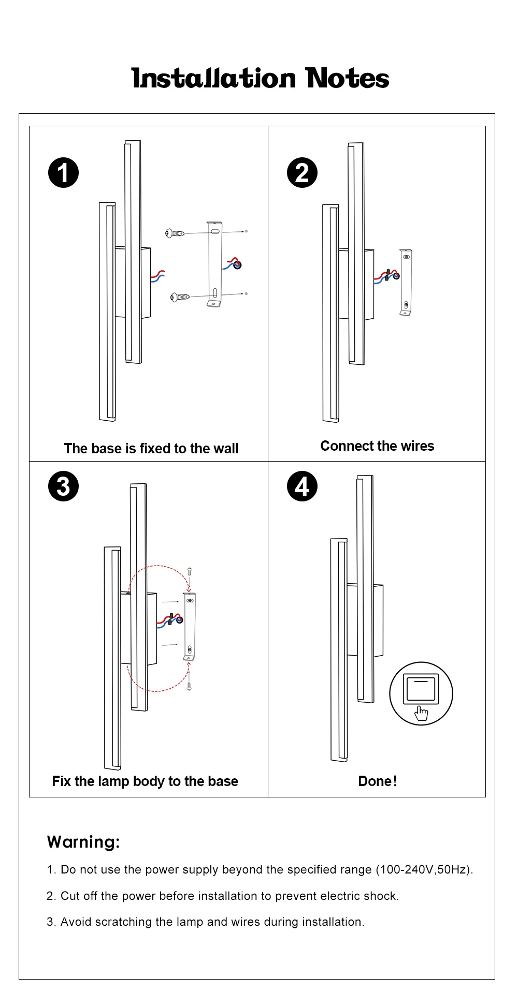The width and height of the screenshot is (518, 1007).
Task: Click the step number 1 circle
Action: pos(63,173)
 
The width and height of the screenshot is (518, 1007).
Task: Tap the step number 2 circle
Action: pos(302,173)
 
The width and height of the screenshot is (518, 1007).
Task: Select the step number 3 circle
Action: pos(63,486)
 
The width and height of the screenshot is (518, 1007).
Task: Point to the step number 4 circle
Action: pos(302,486)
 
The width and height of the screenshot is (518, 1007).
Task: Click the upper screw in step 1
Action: pos(175,233)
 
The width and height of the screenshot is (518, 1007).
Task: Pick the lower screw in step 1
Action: pos(179,297)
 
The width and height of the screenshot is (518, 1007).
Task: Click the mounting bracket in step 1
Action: pos(214,264)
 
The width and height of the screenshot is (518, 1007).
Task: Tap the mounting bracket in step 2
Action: pos(406,282)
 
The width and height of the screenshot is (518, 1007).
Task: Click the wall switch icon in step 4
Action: pos(421,693)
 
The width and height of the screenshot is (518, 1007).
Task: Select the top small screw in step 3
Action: pos(190,572)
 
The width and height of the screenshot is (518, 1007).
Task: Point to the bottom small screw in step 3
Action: pos(189,686)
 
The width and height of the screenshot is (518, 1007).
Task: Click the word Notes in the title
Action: pos(347,79)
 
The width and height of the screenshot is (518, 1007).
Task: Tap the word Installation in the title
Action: pos(214,79)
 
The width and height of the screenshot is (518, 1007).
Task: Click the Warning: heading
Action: pos(83,842)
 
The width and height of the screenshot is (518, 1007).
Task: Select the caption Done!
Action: pos(377,781)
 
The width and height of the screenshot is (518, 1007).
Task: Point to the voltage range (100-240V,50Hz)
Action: pos(424,869)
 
